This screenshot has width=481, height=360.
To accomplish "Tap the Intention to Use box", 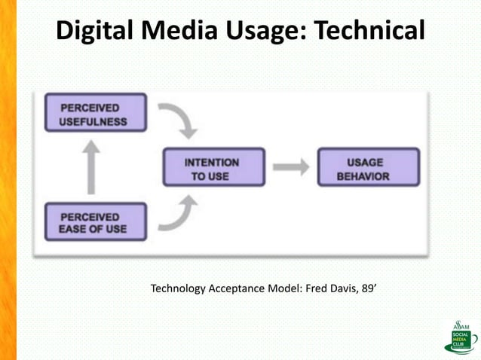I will click(214, 168).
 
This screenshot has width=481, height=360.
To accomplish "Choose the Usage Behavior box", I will click(369, 168).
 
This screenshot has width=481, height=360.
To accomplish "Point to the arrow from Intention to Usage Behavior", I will click(290, 168).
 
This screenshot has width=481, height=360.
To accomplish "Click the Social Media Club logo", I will click(460, 337).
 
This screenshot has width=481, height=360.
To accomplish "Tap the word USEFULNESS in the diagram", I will click(94, 121).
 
